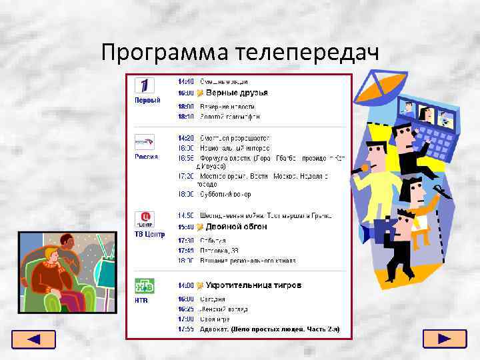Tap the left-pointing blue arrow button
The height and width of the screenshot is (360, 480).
point(34,339)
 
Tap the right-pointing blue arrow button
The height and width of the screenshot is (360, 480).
point(445,339)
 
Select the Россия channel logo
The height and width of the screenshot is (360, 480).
point(145,142)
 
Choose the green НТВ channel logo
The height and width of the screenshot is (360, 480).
point(145,286)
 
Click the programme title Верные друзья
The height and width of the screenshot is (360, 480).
point(237,93)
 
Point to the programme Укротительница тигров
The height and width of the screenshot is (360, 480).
point(253,285)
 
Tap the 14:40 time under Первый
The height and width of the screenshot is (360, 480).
point(186,81)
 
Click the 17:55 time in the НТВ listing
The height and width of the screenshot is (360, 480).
point(186,329)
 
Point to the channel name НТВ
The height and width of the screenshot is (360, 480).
point(141,301)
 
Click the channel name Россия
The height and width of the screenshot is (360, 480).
point(146,157)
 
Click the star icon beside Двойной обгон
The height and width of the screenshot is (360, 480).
point(200,227)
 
